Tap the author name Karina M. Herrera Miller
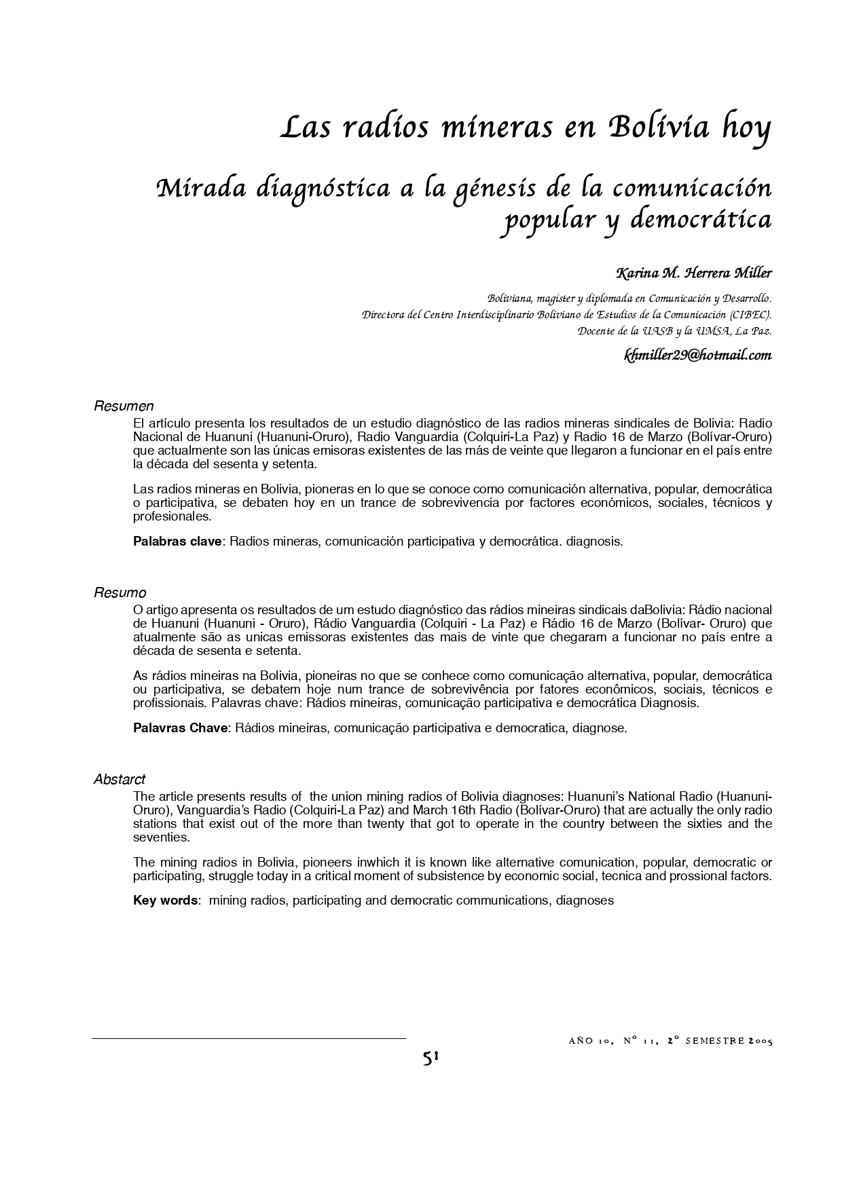click(x=693, y=273)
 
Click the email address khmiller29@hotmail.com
click(x=697, y=355)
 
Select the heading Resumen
click(x=124, y=407)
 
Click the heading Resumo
click(x=120, y=593)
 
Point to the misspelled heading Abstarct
click(x=120, y=780)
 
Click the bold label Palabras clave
click(x=177, y=542)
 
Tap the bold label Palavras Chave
click(x=180, y=728)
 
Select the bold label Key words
click(x=166, y=901)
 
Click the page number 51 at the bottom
click(x=431, y=1058)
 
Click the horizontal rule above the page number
click(x=249, y=1038)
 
